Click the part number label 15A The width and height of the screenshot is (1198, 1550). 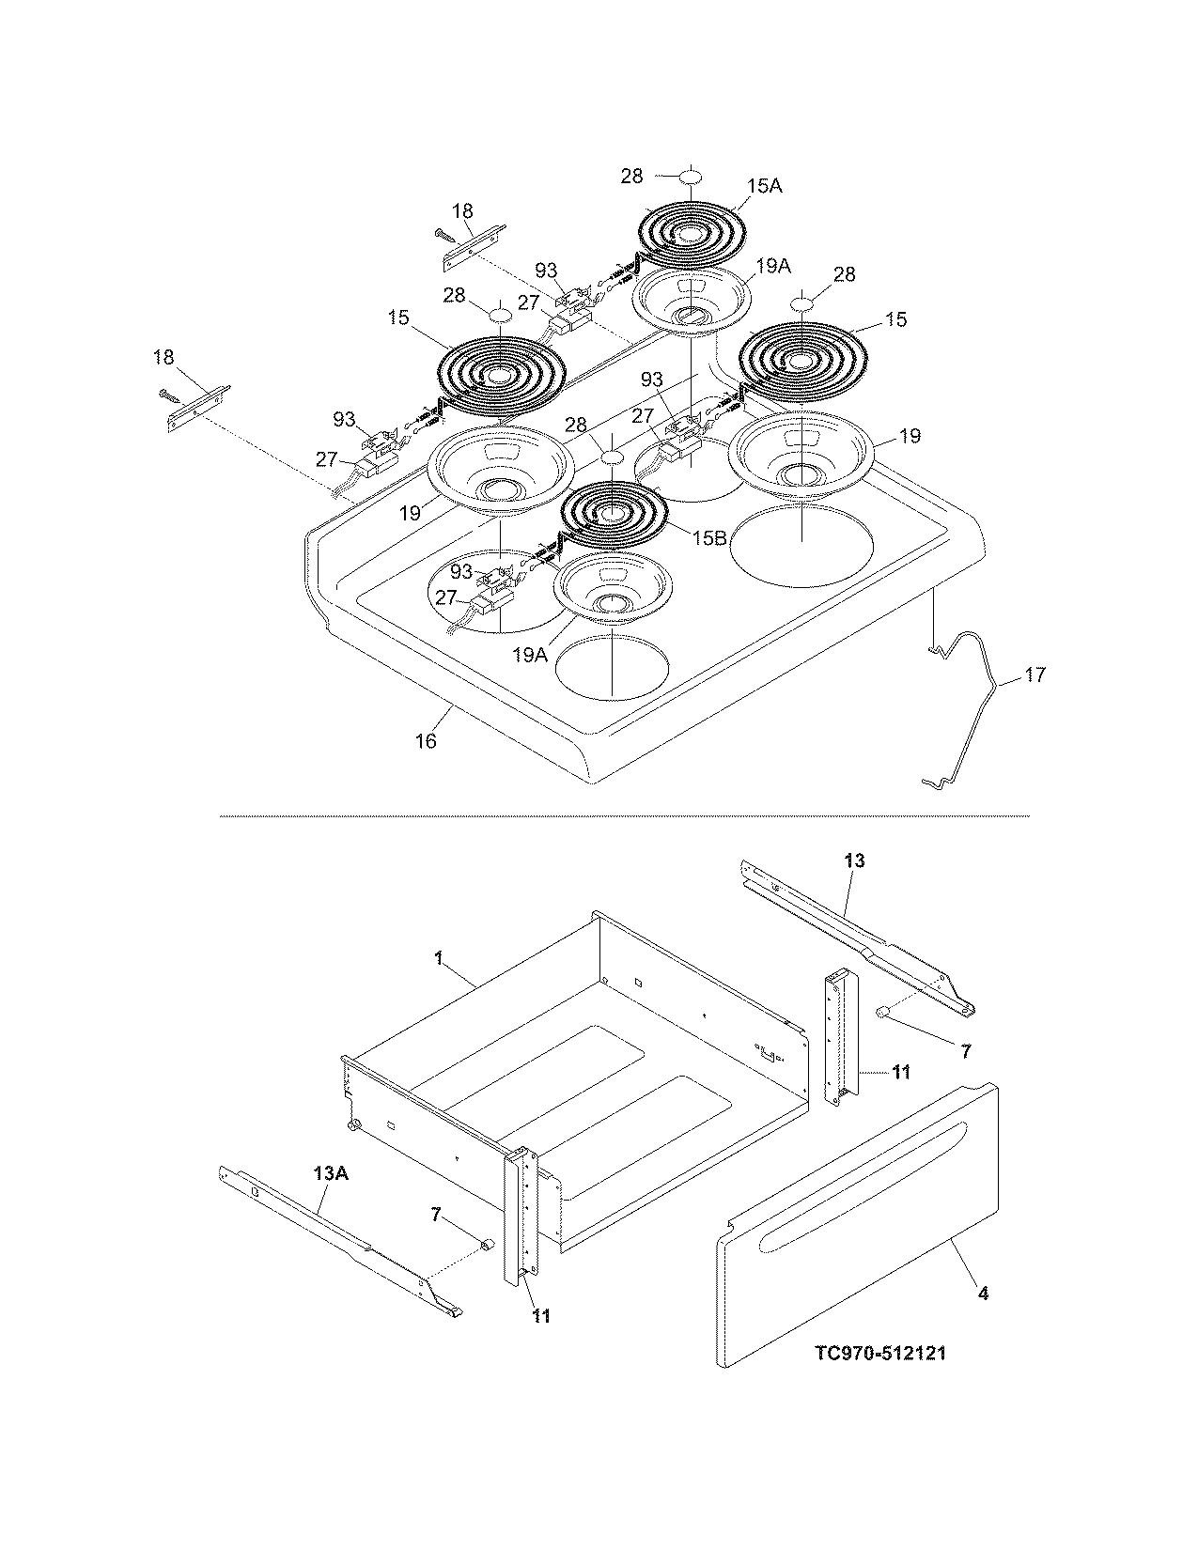[x=765, y=187]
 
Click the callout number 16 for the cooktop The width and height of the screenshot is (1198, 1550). [x=427, y=741]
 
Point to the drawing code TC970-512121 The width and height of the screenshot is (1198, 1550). [x=880, y=1354]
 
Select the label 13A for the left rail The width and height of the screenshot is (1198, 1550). [x=323, y=1174]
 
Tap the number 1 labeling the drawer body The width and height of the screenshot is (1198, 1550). [x=439, y=958]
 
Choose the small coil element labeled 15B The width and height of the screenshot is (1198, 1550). [x=613, y=515]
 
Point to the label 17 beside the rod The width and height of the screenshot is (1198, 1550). [x=1035, y=675]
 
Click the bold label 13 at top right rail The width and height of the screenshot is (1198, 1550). [x=854, y=860]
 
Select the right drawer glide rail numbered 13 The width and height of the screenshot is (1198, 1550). [x=855, y=939]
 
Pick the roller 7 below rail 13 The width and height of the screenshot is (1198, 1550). [x=884, y=1012]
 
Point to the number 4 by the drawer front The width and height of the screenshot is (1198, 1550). [x=983, y=1294]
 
